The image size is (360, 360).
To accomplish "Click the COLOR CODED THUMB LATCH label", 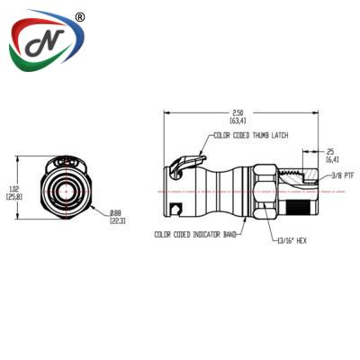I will click(x=248, y=137).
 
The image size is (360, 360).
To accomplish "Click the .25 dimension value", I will click(x=330, y=150).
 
